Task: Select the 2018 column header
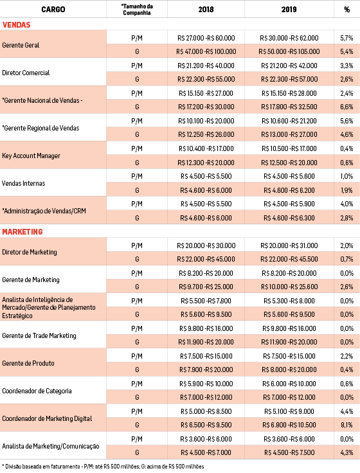206,10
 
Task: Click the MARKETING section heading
22,231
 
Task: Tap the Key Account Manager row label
32,156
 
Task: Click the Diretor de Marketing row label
30,252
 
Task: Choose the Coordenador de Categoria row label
37,391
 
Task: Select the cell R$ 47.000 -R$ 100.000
206,52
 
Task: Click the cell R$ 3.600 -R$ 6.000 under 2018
206,439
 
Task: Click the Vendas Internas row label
24,183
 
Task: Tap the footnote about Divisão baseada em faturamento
103,467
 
